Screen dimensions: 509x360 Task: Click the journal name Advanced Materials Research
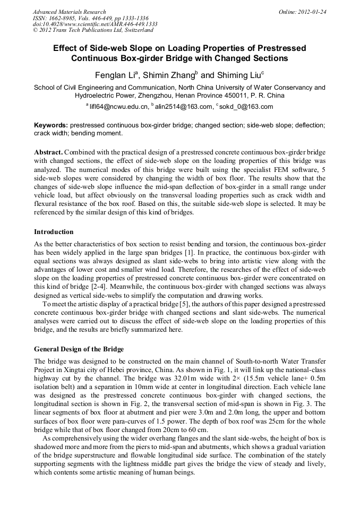(x=69, y=12)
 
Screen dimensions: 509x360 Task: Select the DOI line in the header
(x=95, y=24)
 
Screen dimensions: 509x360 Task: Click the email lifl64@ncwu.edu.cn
(x=118, y=106)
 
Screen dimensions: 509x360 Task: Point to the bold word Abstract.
(x=49, y=152)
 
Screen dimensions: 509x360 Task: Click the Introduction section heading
(x=54, y=232)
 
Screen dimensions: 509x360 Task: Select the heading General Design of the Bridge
(x=79, y=349)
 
